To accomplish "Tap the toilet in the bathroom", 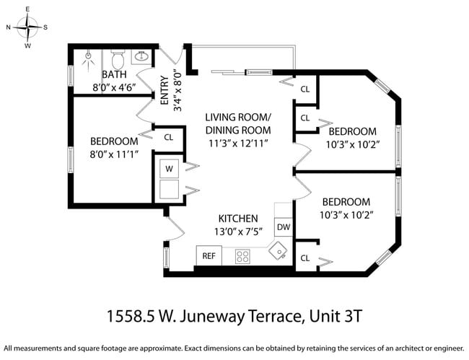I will click(117, 58).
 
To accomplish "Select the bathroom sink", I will click(141, 56).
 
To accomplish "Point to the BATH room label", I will click(114, 75).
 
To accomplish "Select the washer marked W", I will click(170, 169).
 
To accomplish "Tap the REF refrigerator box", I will click(209, 255).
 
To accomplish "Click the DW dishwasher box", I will click(284, 227).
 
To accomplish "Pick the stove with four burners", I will click(243, 255).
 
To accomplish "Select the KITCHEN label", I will click(238, 219).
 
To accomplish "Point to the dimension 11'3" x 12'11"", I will click(237, 143).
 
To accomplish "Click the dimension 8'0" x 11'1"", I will click(114, 154).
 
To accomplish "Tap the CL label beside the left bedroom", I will click(169, 136).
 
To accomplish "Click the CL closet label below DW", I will click(304, 258).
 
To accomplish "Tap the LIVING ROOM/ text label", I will click(237, 118).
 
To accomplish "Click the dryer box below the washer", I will click(170, 190).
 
